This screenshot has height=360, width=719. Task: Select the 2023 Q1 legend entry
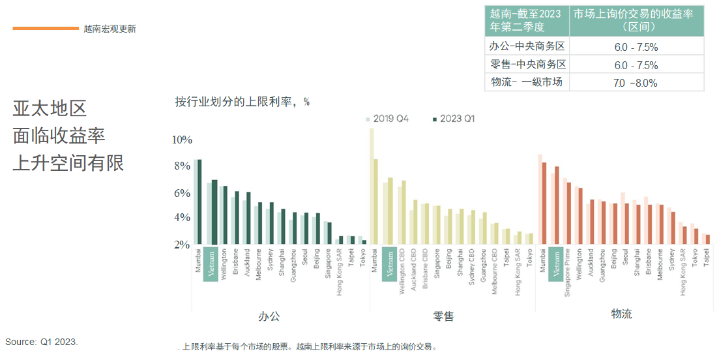pos(454,119)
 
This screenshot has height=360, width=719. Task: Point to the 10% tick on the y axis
pos(182,140)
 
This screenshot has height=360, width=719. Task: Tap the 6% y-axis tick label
pos(182,193)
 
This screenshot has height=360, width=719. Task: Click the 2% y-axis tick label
pos(182,245)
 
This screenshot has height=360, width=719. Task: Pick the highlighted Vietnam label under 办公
pos(211,263)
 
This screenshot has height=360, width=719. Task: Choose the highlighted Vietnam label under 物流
pos(556,263)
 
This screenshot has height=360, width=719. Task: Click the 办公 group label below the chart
pos(269,316)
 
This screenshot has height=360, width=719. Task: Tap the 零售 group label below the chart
pos(443,316)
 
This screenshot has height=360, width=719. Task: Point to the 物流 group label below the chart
pos(621,314)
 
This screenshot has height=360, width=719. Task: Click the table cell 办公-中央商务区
pos(527,46)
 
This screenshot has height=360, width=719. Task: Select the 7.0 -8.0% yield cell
pos(636,83)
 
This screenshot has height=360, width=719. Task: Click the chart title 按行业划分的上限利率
pos(242,102)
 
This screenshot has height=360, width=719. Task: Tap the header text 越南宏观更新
pos(110,29)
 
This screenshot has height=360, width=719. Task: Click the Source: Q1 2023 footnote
pos(42,342)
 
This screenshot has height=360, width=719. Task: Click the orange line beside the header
pos(45,28)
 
